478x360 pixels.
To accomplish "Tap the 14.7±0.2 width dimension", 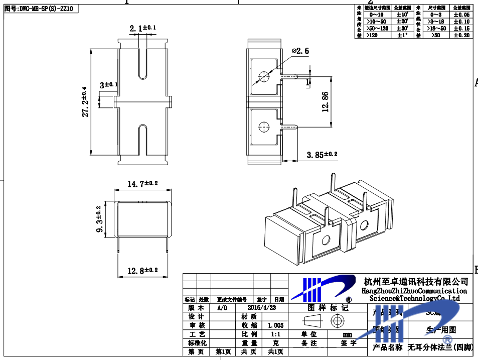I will tap(142, 184).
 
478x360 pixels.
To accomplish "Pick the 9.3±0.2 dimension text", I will tap(99, 219).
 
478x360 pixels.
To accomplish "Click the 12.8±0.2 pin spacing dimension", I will tap(142, 271).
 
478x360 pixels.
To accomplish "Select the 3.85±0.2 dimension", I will tap(322, 155).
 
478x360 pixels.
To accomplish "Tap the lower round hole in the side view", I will tap(263, 127).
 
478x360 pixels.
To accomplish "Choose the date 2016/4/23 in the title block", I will tap(262, 308).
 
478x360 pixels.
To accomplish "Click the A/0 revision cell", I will tap(222, 308).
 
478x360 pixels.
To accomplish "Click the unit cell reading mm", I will tap(347, 334).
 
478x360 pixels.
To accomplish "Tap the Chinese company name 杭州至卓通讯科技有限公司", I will tap(416, 281).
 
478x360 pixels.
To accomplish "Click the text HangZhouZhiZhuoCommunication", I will tap(414, 291).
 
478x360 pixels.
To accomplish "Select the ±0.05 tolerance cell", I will tap(461, 15).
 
